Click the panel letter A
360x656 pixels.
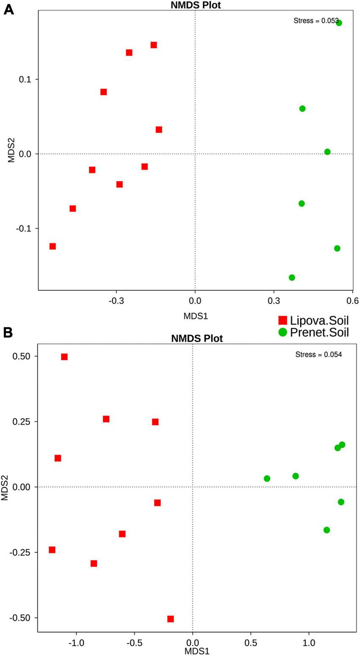(8, 9)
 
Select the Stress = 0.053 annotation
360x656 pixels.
(316, 20)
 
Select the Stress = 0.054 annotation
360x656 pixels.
(318, 354)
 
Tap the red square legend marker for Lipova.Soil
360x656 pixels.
(282, 320)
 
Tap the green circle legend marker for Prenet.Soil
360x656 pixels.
(282, 332)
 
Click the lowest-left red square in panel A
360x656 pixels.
(53, 246)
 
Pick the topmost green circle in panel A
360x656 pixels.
(339, 23)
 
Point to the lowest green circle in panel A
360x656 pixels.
(292, 278)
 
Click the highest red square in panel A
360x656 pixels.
(154, 45)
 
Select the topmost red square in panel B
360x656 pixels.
(64, 357)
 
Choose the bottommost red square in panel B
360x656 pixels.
(170, 619)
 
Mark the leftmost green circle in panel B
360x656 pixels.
(267, 478)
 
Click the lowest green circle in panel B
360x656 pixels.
(327, 530)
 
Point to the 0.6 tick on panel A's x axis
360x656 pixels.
(353, 301)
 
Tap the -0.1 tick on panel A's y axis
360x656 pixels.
(25, 228)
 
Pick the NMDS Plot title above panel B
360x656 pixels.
(197, 339)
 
